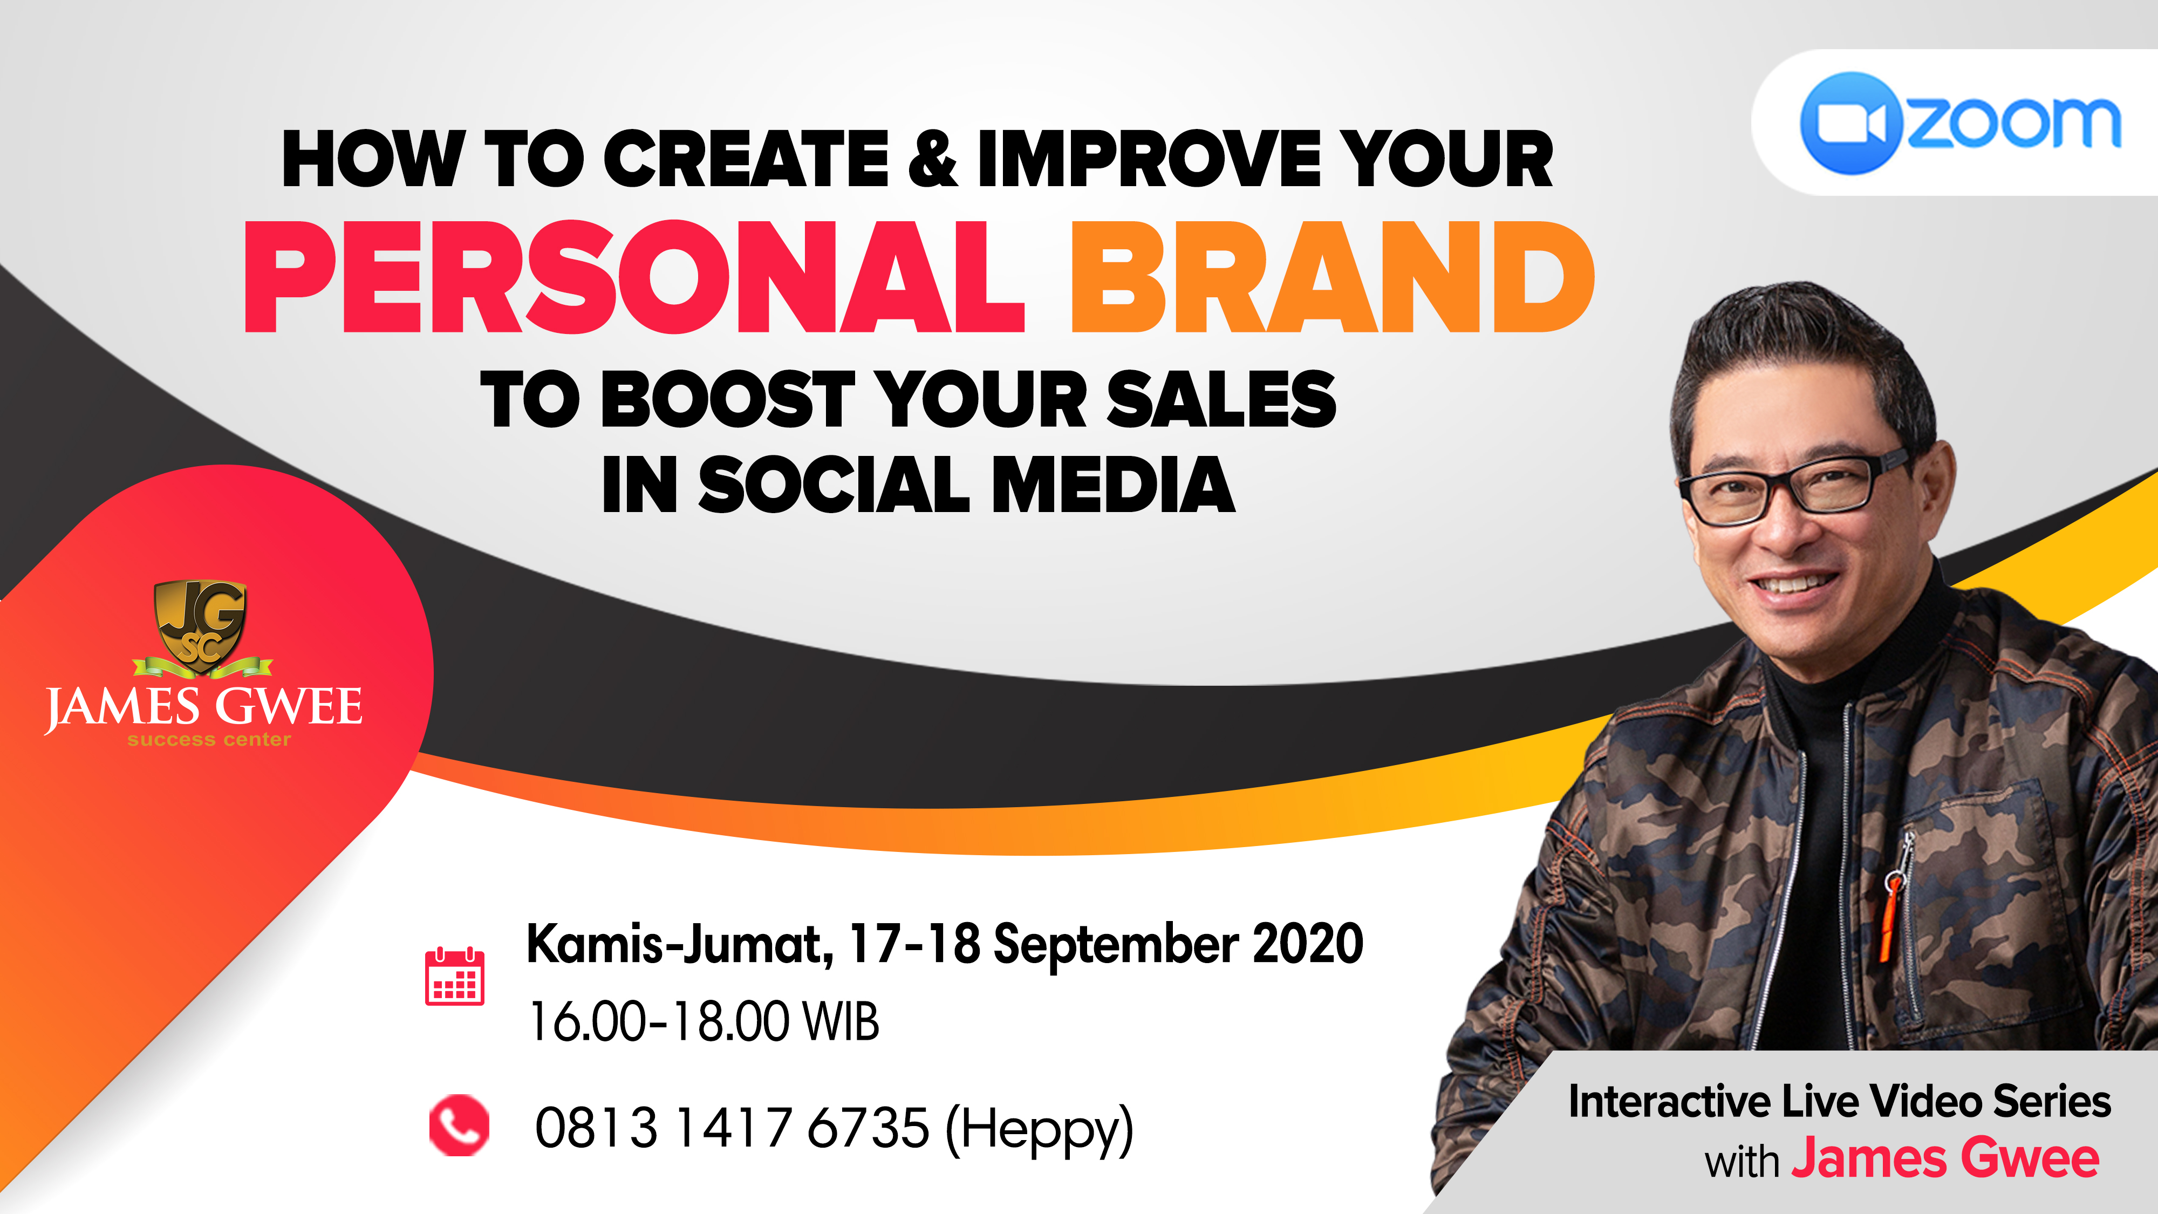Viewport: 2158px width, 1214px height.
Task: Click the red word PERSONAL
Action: click(634, 277)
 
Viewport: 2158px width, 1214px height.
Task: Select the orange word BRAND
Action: click(1333, 277)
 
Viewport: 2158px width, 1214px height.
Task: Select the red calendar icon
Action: click(455, 976)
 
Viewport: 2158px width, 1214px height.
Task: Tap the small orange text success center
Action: click(209, 740)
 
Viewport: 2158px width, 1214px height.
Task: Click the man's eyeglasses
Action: click(1793, 488)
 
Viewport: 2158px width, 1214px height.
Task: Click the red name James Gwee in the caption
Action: click(1945, 1160)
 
